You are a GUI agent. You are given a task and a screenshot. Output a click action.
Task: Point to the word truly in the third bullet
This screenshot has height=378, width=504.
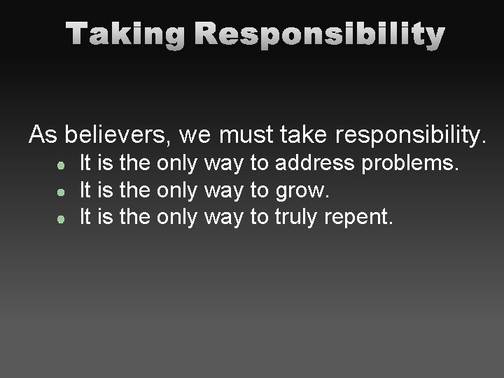point(297,217)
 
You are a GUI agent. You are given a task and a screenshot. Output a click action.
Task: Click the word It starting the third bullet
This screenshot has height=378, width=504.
point(86,216)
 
